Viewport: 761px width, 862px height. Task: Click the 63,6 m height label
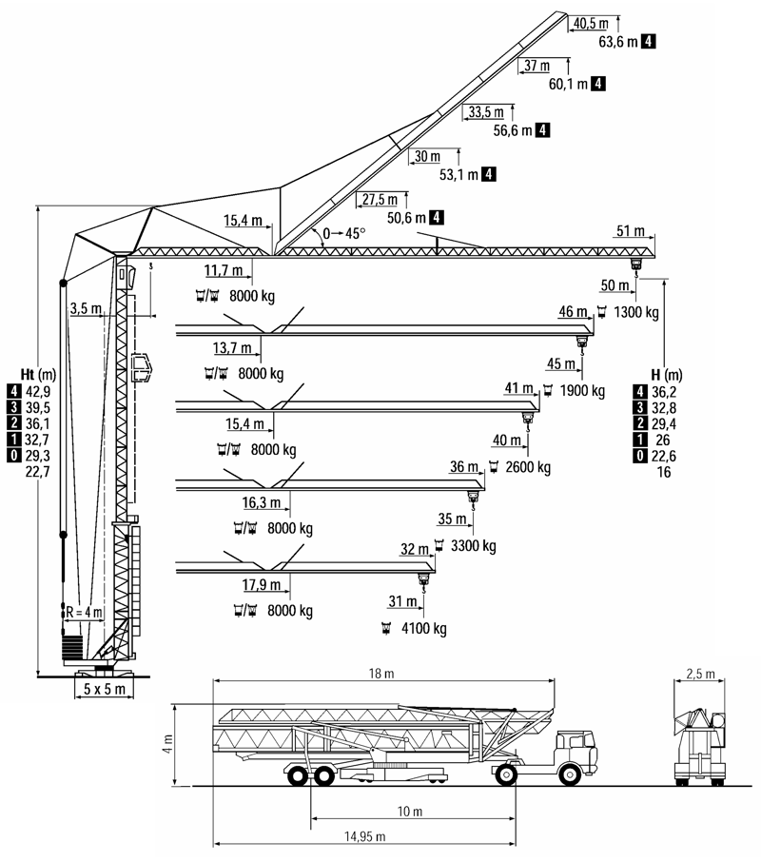click(x=618, y=42)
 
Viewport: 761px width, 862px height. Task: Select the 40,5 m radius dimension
click(x=591, y=23)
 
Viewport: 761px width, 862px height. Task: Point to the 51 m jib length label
click(x=631, y=231)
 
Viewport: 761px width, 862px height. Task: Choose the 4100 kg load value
click(x=422, y=629)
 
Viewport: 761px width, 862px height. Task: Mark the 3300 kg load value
click(x=473, y=546)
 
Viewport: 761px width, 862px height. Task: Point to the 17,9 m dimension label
click(x=263, y=584)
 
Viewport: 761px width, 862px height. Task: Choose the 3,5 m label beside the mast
click(x=86, y=308)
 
